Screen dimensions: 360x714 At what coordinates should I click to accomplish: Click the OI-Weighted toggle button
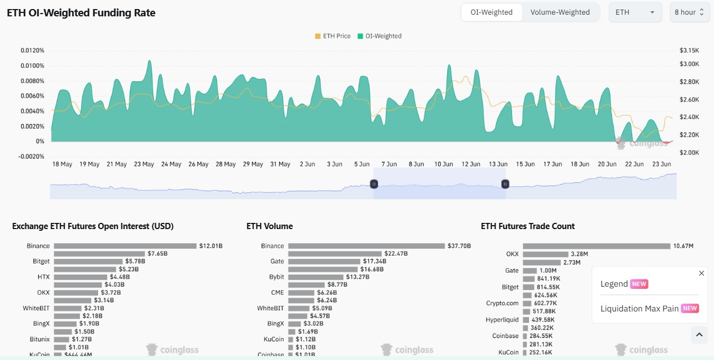491,12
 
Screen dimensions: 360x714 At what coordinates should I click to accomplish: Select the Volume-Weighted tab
560,12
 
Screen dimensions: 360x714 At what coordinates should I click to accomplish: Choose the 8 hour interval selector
690,12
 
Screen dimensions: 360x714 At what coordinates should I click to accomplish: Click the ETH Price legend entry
333,36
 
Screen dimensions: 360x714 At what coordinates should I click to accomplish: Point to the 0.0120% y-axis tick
32,51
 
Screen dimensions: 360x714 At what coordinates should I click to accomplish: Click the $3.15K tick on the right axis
689,51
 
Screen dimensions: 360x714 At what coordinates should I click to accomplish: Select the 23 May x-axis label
144,164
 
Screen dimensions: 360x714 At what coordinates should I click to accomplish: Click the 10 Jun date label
444,164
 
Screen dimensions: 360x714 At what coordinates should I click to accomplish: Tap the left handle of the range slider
373,184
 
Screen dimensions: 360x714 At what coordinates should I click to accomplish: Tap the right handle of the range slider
505,184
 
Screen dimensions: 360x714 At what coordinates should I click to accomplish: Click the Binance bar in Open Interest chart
125,246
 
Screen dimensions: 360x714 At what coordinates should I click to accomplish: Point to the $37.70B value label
459,246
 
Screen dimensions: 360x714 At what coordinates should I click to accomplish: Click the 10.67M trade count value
683,246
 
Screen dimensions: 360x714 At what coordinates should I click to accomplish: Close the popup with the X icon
702,274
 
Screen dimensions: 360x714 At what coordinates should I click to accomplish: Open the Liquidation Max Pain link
640,309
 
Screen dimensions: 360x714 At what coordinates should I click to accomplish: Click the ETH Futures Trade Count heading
527,226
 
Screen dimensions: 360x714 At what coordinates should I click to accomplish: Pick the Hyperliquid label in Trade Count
502,320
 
